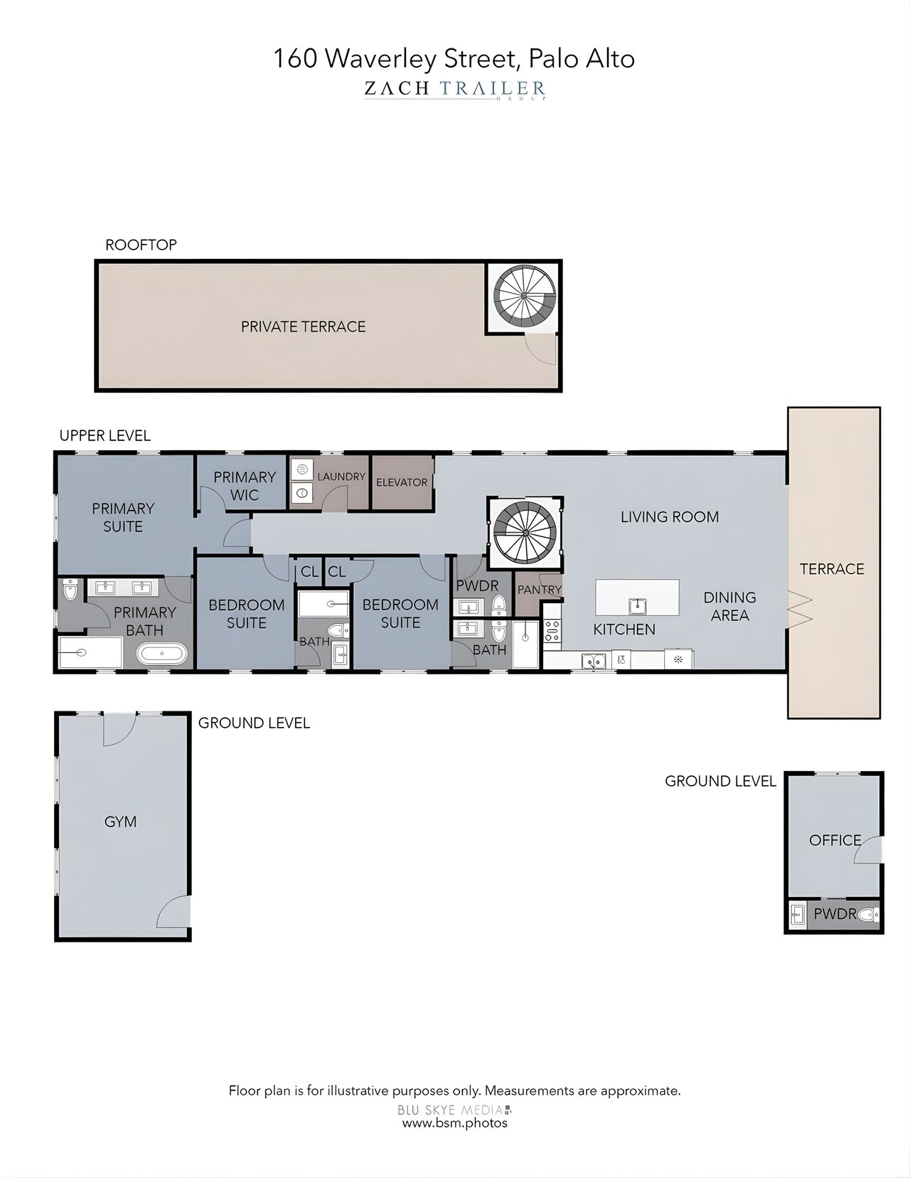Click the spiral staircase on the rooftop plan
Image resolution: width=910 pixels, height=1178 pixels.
coord(524,296)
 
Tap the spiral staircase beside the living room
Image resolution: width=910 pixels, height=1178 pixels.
coord(525,532)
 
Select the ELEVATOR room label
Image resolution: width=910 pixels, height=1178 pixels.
coord(402,482)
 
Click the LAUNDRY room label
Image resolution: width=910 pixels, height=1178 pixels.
coord(341,477)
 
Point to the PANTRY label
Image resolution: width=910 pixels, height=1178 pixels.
coord(539,590)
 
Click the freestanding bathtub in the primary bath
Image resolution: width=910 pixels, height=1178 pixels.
coord(162,653)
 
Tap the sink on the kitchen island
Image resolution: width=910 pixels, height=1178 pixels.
coord(638,606)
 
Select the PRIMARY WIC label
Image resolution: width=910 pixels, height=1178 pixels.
coord(244,486)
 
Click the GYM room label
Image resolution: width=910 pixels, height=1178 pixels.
coord(120,822)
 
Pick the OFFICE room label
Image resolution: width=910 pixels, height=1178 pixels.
coord(835,840)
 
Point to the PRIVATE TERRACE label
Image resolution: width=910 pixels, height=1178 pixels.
coord(303,327)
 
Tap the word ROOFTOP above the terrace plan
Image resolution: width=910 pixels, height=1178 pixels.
coord(141,245)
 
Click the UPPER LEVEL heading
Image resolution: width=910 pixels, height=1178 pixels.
coord(105,435)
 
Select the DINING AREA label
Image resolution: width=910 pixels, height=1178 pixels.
coord(729,606)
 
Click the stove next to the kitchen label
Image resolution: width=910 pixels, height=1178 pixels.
coord(552,630)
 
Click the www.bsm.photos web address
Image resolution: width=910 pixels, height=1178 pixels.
coord(455,1123)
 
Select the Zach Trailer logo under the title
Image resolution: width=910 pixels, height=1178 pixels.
coord(455,89)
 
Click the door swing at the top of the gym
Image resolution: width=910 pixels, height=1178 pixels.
coord(119,729)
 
